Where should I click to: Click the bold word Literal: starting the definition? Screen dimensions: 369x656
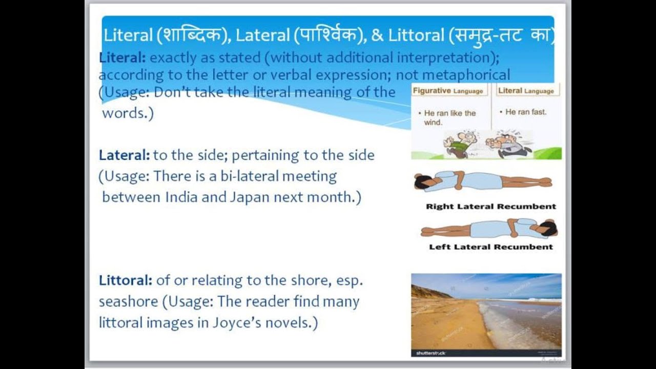click(122, 57)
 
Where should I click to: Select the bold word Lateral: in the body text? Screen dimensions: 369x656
click(124, 155)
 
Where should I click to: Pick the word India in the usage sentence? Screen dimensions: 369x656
click(181, 197)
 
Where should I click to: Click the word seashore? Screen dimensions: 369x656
click(128, 302)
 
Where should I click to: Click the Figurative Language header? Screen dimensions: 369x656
click(448, 91)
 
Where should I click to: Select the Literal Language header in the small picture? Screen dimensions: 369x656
click(526, 91)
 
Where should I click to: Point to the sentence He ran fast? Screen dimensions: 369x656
click(526, 112)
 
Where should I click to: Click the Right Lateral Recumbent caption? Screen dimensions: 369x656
click(490, 207)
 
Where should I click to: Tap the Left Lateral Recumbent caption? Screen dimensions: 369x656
click(490, 247)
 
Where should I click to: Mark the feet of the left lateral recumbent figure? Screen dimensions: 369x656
click(425, 232)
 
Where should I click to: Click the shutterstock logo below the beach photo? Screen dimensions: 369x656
click(430, 353)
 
